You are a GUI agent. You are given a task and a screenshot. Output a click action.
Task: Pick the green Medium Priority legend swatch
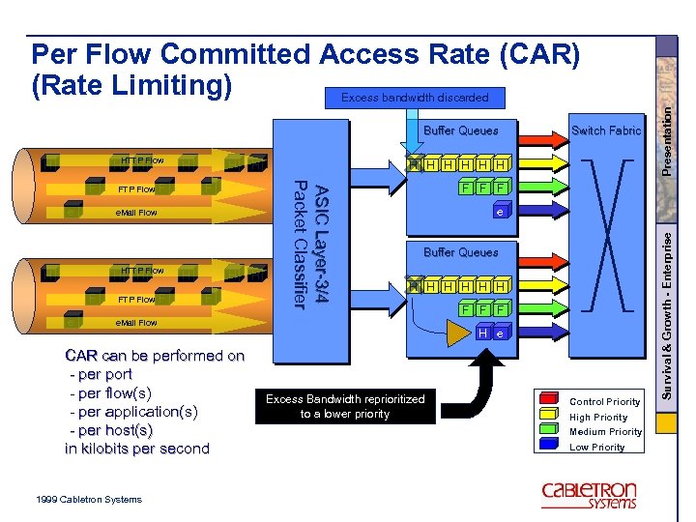(x=549, y=430)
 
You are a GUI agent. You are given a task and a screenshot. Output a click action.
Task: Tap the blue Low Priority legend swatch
(x=549, y=446)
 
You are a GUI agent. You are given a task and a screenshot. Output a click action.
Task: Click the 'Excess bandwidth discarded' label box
(x=415, y=98)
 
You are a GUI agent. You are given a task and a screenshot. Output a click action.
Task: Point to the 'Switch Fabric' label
(x=606, y=130)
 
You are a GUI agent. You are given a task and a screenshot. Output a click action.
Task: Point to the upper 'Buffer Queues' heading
(x=461, y=130)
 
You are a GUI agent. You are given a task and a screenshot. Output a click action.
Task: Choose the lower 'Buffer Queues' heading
(x=461, y=252)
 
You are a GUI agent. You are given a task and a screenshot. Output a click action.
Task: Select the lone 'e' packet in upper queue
(x=499, y=211)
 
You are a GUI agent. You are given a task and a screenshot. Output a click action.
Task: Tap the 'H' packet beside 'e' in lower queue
(x=480, y=333)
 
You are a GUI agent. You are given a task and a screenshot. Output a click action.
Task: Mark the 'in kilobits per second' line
(x=136, y=449)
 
